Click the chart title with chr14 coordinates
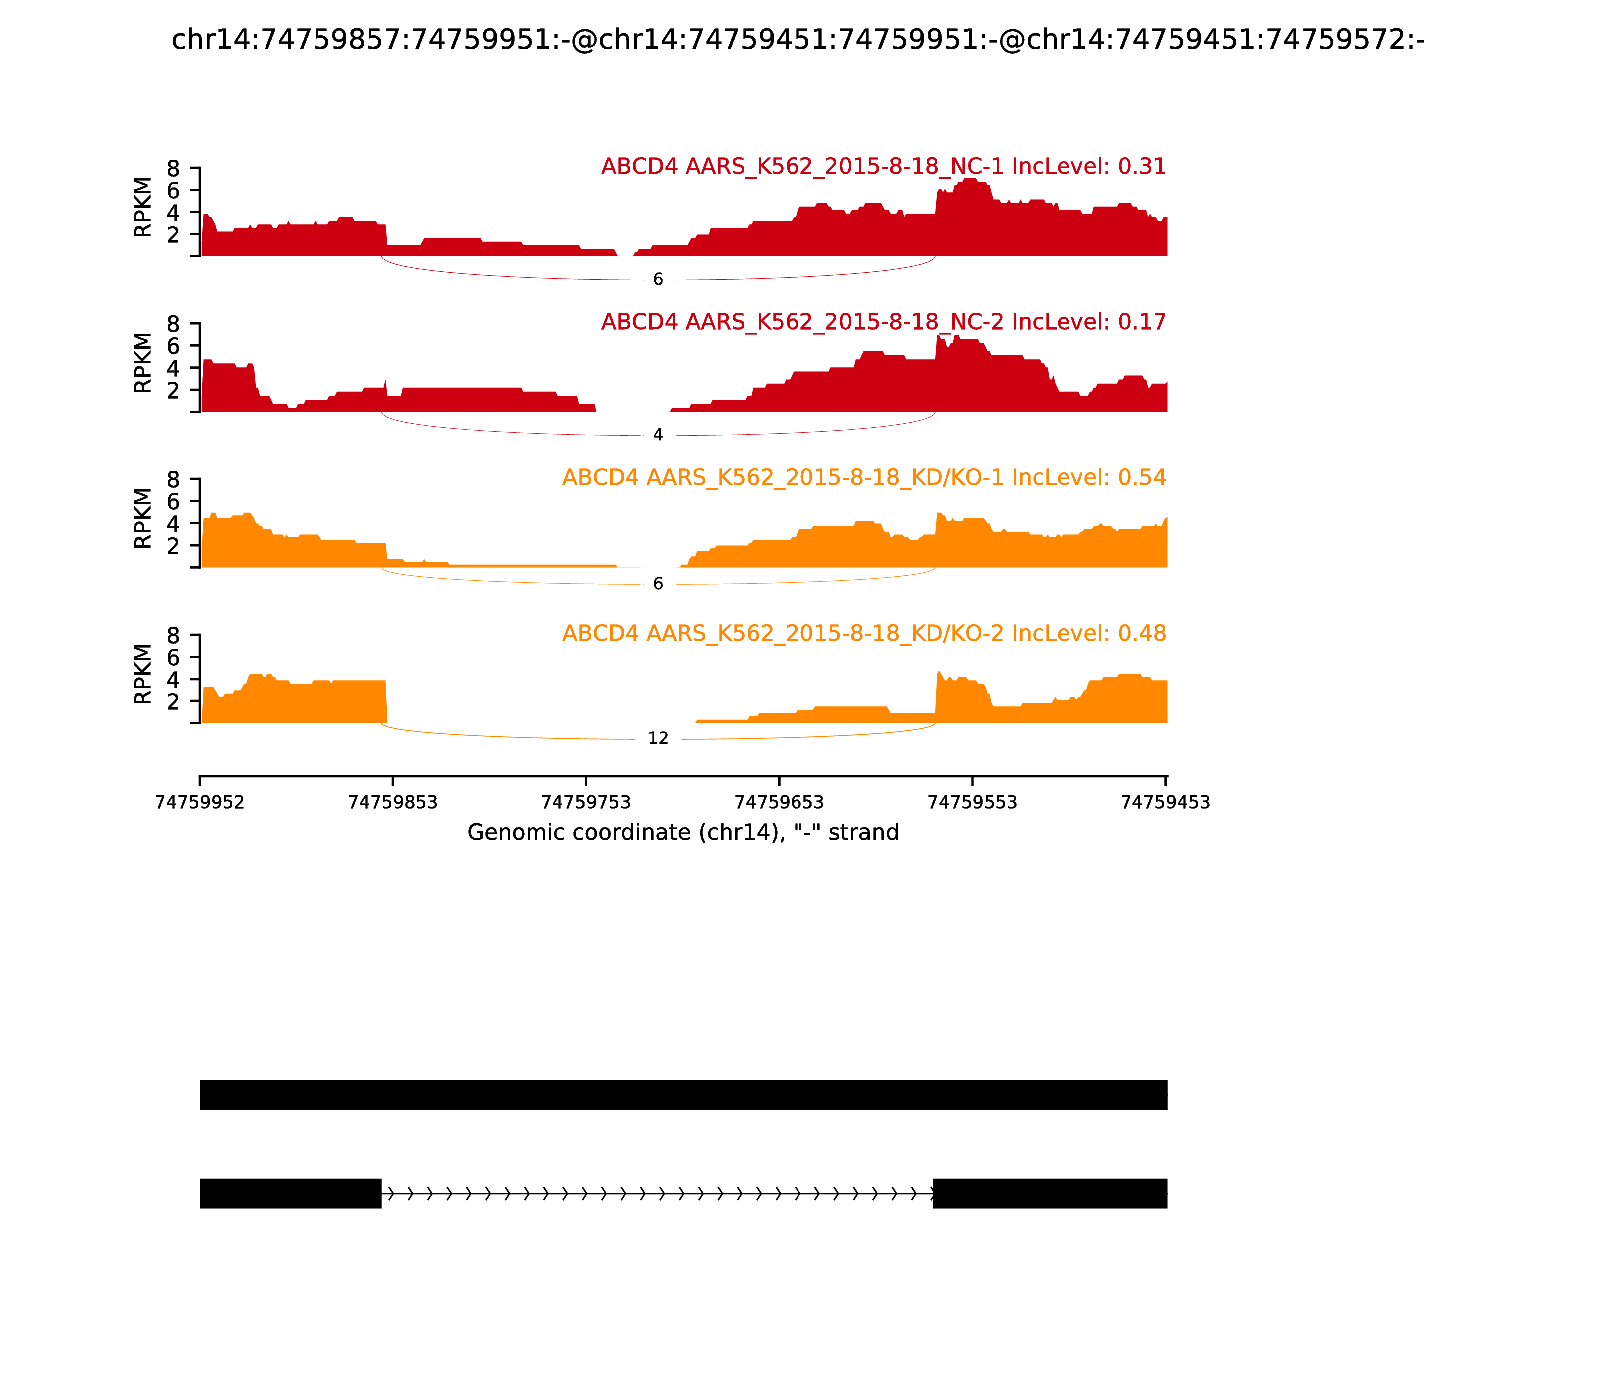(x=798, y=40)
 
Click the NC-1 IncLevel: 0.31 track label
(x=883, y=167)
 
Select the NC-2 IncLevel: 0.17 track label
(x=883, y=322)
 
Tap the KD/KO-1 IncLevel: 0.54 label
(x=864, y=478)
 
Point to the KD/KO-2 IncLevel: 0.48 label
(x=864, y=633)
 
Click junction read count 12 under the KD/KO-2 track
(x=658, y=739)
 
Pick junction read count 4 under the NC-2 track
(x=658, y=435)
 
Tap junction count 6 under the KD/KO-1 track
(x=658, y=584)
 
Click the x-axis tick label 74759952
(x=200, y=803)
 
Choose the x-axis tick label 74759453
(x=1165, y=803)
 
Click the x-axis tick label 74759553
(x=972, y=803)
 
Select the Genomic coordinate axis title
(x=683, y=833)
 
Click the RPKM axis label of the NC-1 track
(x=143, y=208)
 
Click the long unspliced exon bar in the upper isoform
(x=683, y=1095)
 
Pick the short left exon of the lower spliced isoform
(x=290, y=1193)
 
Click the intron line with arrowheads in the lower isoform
(x=657, y=1193)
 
